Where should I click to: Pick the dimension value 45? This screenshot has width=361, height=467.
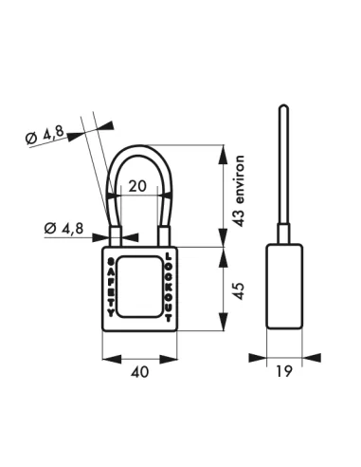pyautogui.click(x=241, y=289)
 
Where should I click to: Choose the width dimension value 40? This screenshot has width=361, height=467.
pyautogui.click(x=140, y=373)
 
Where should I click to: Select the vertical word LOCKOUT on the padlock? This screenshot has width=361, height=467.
pyautogui.click(x=169, y=283)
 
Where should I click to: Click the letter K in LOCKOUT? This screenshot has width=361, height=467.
pyautogui.click(x=169, y=282)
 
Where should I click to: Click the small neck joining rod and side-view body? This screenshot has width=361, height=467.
pyautogui.click(x=284, y=234)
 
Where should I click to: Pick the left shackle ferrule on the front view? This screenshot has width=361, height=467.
pyautogui.click(x=117, y=235)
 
